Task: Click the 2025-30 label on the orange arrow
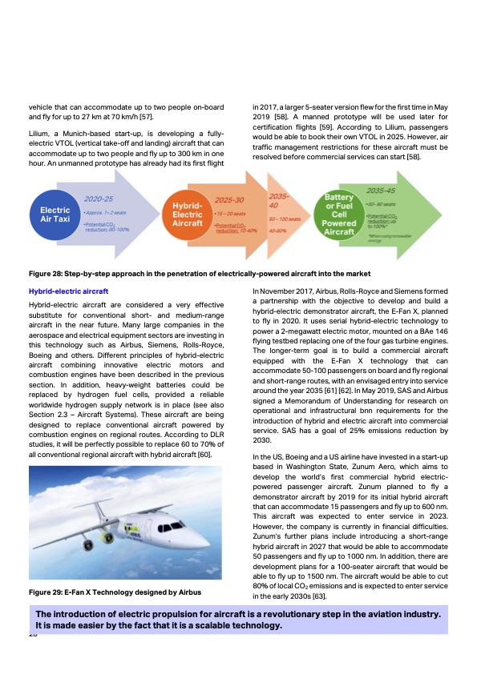pyautogui.click(x=230, y=199)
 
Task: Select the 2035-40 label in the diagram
pyautogui.click(x=280, y=201)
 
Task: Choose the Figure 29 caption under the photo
pyautogui.click(x=115, y=592)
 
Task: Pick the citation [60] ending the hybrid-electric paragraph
pyautogui.click(x=204, y=454)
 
